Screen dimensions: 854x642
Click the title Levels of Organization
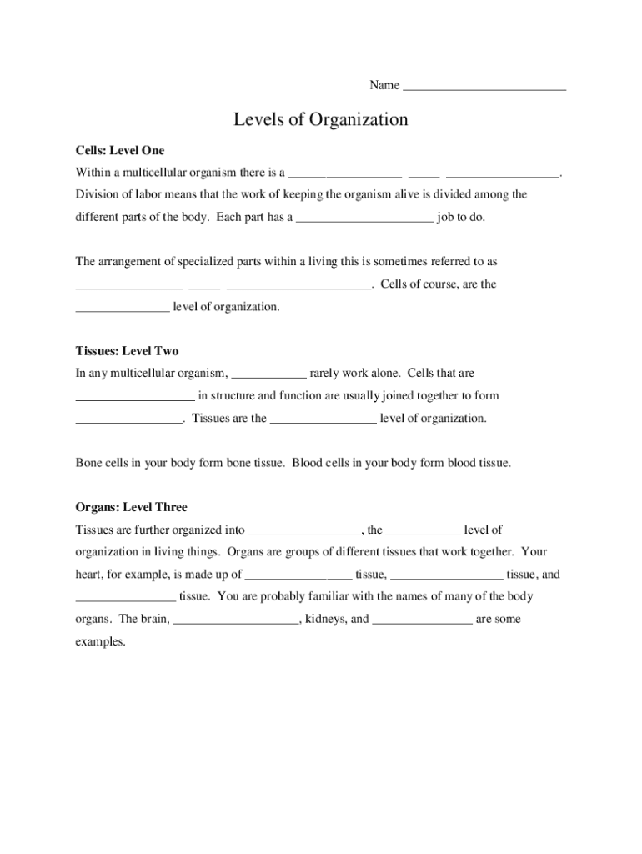[321, 120]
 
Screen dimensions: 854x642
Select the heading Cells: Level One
[120, 151]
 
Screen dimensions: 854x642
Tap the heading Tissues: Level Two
[127, 351]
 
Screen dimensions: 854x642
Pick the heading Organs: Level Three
[131, 507]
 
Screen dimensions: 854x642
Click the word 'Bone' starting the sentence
[89, 462]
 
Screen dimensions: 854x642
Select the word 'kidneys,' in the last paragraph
[326, 620]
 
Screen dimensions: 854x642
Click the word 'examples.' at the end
[100, 642]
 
